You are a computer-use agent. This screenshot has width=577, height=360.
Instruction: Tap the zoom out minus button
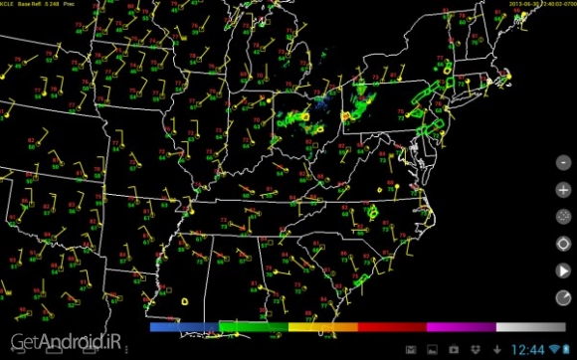pyautogui.click(x=563, y=161)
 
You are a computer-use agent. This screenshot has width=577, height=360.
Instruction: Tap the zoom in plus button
pyautogui.click(x=563, y=188)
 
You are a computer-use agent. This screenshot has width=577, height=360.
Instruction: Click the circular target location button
pyautogui.click(x=563, y=243)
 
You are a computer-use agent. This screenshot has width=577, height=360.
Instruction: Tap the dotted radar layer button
pyautogui.click(x=563, y=216)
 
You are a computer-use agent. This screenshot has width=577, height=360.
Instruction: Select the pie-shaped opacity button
pyautogui.click(x=563, y=297)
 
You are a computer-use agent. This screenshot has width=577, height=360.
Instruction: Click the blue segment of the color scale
pyautogui.click(x=184, y=326)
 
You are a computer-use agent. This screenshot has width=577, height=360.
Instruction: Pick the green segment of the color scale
pyautogui.click(x=253, y=326)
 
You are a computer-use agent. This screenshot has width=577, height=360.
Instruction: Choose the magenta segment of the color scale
pyautogui.click(x=461, y=326)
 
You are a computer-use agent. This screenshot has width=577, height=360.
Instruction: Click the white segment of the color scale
pyautogui.click(x=529, y=326)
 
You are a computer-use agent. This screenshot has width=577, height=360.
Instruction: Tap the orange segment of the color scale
pyautogui.click(x=322, y=326)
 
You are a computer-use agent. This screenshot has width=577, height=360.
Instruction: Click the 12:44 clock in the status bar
pyautogui.click(x=528, y=348)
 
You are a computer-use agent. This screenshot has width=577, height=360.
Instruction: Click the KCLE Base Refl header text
pyautogui.click(x=45, y=5)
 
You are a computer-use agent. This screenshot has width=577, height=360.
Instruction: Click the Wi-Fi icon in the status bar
pyautogui.click(x=553, y=348)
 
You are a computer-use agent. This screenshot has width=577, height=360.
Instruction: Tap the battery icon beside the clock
pyautogui.click(x=568, y=348)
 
